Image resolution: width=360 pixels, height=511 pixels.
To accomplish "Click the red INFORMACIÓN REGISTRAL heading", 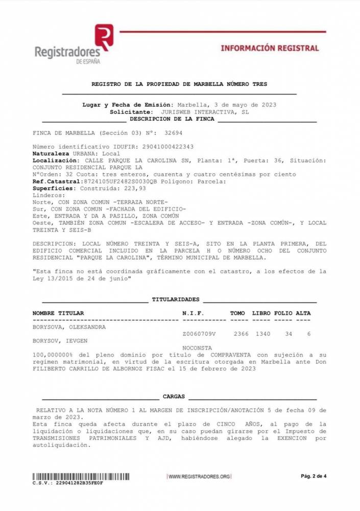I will pyautogui.click(x=270, y=48).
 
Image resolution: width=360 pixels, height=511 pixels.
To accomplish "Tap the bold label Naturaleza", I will pyautogui.click(x=52, y=153).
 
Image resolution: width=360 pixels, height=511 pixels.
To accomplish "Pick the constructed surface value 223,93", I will pyautogui.click(x=128, y=188).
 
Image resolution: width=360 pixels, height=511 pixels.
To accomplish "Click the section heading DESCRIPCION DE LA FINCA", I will pyautogui.click(x=172, y=119).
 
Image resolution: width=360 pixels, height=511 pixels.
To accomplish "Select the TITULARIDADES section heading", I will pyautogui.click(x=176, y=299).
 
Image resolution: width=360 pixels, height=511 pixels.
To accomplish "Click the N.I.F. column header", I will pyautogui.click(x=194, y=313).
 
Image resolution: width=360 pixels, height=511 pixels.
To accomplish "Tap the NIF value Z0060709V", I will pyautogui.click(x=199, y=334).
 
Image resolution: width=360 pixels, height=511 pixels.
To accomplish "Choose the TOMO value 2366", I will pyautogui.click(x=241, y=334).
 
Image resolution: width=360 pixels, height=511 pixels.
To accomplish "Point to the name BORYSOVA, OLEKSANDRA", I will pyautogui.click(x=69, y=328).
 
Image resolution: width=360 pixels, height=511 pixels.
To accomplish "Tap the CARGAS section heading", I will pyautogui.click(x=174, y=397).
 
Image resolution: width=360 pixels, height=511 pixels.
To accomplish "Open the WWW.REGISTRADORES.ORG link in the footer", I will pyautogui.click(x=199, y=476).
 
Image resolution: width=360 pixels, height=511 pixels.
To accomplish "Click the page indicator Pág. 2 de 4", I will pyautogui.click(x=313, y=476).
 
